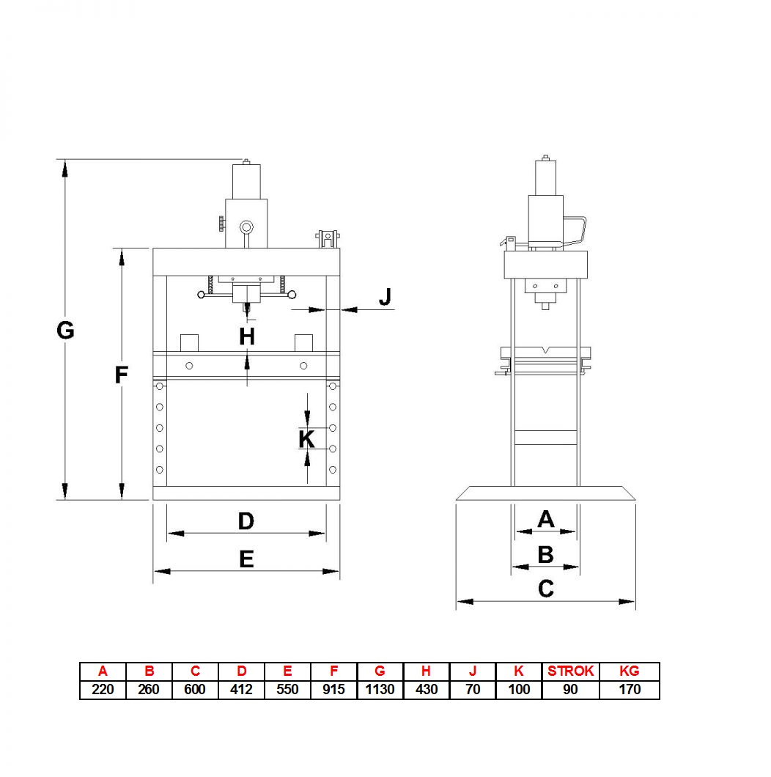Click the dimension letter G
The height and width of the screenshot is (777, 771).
coord(65,331)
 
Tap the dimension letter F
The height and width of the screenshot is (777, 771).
coord(122,375)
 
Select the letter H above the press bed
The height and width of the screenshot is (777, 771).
coord(247,337)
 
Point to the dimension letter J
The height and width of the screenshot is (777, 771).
coord(385,296)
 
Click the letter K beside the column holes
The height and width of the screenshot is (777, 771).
coord(307,439)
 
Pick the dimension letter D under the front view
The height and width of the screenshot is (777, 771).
coord(246,521)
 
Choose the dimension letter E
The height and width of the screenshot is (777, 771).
coord(246,559)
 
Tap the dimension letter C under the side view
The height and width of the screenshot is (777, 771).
coord(545,589)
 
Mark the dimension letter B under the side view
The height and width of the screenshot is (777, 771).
coord(545,554)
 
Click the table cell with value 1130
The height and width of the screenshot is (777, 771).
coord(380,689)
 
